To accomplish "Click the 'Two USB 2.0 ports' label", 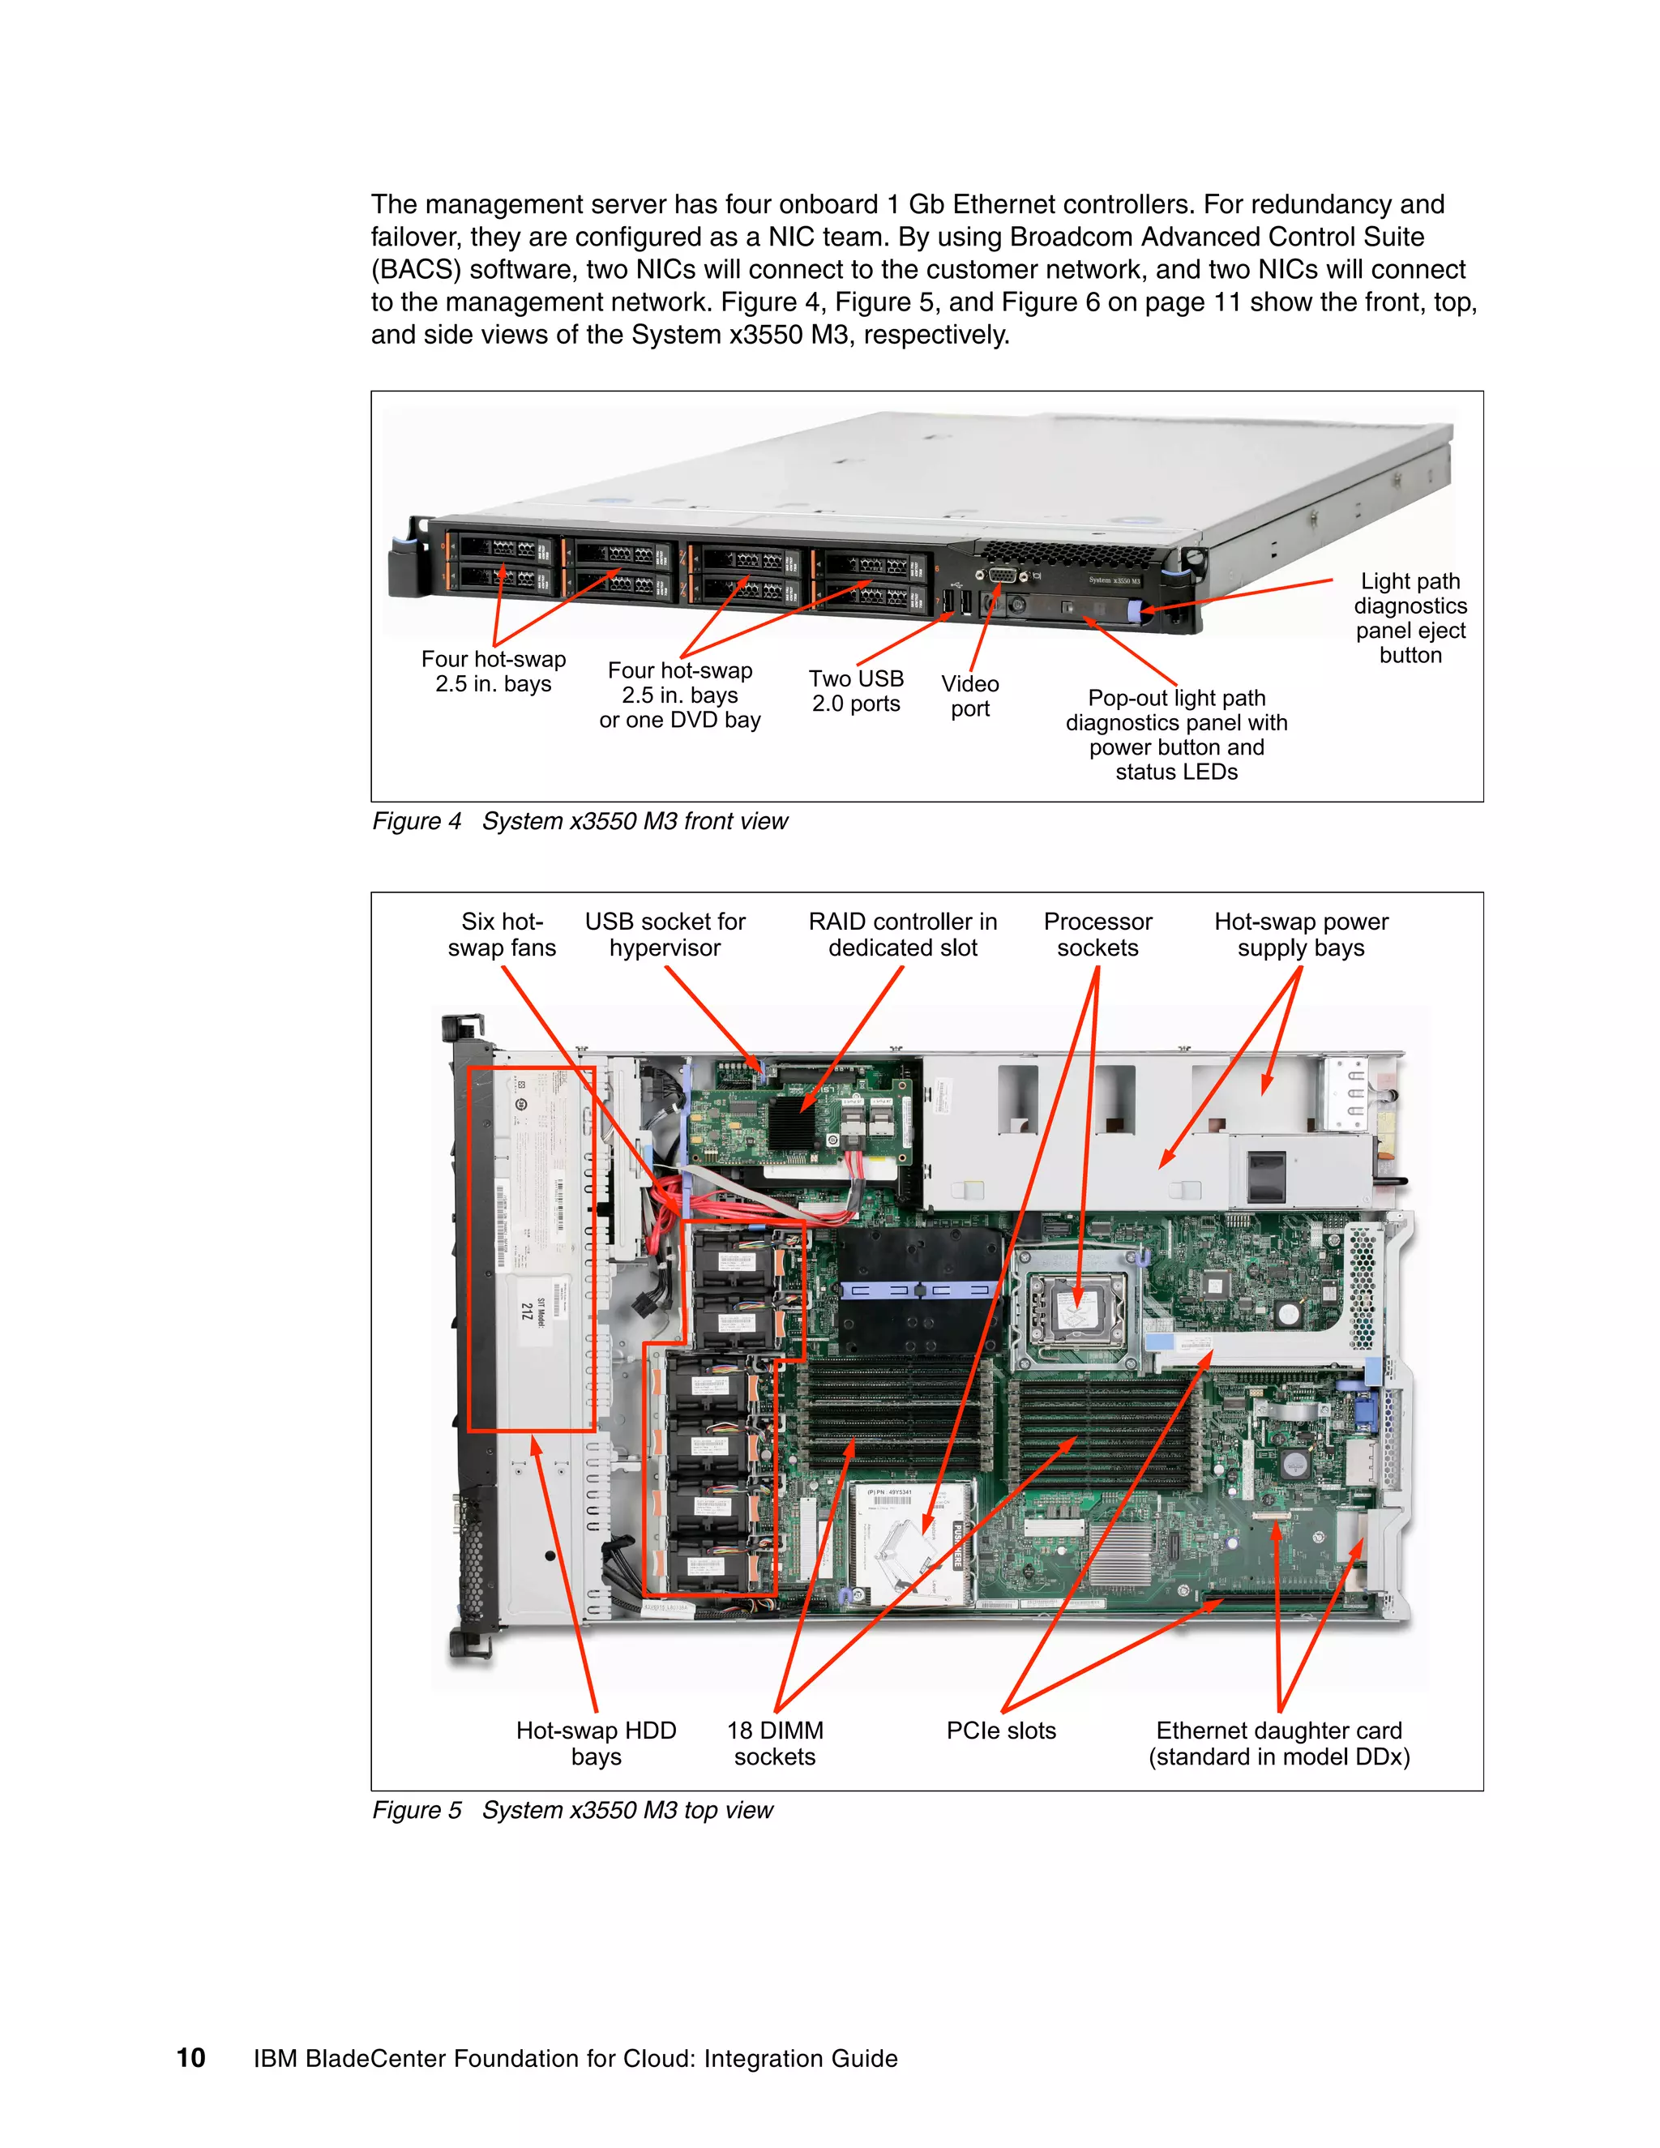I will [x=856, y=691].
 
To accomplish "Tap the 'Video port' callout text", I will [x=969, y=695].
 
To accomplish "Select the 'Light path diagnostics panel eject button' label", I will [x=1410, y=618].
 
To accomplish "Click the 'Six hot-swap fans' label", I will [x=502, y=935].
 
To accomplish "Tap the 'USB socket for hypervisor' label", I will [x=665, y=935].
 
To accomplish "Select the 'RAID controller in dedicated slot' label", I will [x=902, y=935].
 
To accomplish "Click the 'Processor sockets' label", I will [x=1097, y=935].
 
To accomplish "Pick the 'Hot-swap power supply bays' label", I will [x=1300, y=935].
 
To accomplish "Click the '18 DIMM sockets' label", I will [x=775, y=1743].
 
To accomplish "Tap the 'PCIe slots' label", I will [x=1000, y=1731].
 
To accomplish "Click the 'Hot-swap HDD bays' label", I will [x=596, y=1743].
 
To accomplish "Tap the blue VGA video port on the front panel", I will [x=1000, y=576].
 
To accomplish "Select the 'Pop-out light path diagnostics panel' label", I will [x=1176, y=734].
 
